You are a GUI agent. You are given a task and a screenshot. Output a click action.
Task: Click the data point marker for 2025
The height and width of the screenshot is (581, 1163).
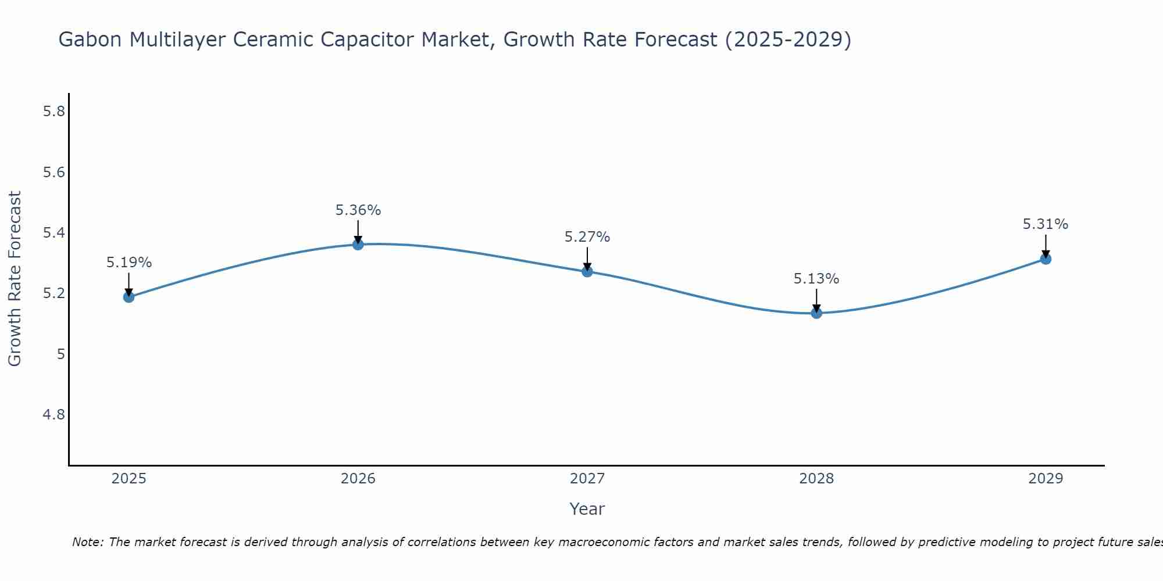click(x=129, y=297)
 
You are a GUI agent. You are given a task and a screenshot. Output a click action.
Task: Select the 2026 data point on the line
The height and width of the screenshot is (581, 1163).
click(x=358, y=245)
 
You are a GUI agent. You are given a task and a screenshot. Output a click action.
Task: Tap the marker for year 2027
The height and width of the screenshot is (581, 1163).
click(x=587, y=271)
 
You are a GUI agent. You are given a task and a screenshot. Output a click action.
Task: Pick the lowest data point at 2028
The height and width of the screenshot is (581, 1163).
click(x=816, y=313)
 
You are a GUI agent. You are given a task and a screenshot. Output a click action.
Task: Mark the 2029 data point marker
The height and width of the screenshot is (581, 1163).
click(x=1046, y=259)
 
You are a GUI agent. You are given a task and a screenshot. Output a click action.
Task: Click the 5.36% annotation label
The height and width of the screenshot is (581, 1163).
click(x=358, y=210)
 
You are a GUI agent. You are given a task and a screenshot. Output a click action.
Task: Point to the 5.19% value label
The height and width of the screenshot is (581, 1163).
click(x=129, y=263)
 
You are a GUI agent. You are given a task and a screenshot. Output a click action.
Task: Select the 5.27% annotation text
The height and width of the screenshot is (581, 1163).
click(x=587, y=237)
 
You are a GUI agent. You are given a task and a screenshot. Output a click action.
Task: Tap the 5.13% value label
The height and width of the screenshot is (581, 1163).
click(x=816, y=279)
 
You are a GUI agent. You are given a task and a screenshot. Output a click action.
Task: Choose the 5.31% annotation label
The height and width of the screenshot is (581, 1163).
click(x=1046, y=224)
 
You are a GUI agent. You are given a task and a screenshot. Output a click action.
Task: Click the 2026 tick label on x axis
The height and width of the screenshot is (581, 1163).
click(x=358, y=479)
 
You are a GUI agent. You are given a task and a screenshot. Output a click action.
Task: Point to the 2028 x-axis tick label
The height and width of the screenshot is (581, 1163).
click(x=816, y=479)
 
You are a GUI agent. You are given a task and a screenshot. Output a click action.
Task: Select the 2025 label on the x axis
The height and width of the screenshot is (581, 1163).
click(x=129, y=479)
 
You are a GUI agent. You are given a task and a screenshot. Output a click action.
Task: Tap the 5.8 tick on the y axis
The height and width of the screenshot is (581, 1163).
click(x=54, y=112)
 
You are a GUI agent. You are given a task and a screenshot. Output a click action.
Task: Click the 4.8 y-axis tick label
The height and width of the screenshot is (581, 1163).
click(x=54, y=414)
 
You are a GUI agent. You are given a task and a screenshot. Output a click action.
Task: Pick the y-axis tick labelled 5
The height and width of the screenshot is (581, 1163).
click(x=61, y=354)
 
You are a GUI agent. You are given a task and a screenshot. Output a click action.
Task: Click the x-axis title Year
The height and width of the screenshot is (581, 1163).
click(x=587, y=509)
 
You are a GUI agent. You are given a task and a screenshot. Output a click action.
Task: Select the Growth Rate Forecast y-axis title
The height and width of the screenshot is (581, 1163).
click(x=15, y=279)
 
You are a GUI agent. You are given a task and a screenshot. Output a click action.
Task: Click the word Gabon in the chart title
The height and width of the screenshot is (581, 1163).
click(x=91, y=40)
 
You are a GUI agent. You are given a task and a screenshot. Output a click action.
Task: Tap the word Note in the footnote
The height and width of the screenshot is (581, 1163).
click(x=87, y=542)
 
